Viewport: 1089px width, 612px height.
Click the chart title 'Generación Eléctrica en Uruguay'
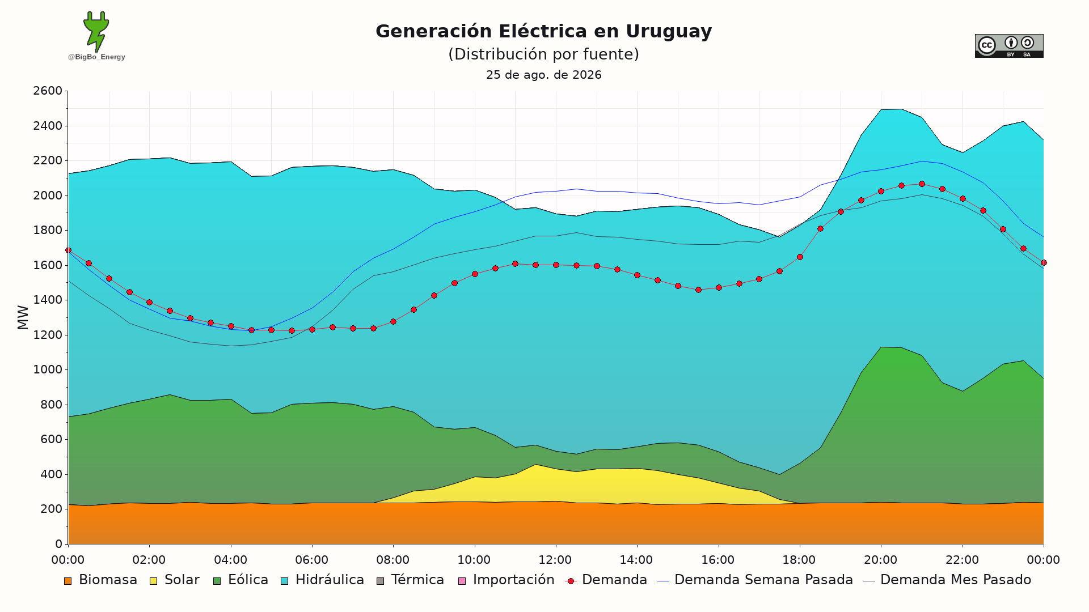pos(543,31)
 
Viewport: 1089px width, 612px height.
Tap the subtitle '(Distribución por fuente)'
pos(543,54)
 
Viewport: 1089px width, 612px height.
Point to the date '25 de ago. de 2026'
pos(543,75)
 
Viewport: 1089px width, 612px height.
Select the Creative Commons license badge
pos(1009,46)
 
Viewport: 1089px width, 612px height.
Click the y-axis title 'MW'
pos(23,317)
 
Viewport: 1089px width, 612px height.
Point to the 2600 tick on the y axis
pos(48,91)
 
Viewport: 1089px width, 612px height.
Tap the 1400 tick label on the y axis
pos(48,300)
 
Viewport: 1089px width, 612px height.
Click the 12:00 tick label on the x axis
pos(555,560)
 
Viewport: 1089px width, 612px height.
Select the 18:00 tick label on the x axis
pos(799,560)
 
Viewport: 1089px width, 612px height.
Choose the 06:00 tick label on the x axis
pos(311,560)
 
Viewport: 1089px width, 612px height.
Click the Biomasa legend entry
pos(100,580)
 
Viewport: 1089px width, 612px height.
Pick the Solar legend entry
pos(174,580)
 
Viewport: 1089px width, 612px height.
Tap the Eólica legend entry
pos(240,580)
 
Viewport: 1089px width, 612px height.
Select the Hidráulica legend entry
pos(322,580)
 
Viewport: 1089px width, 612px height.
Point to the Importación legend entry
pos(506,580)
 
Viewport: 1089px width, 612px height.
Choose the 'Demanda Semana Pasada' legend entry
pos(755,580)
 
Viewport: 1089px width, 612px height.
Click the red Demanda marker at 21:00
pos(922,184)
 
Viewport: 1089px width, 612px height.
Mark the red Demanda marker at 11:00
pos(515,264)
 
